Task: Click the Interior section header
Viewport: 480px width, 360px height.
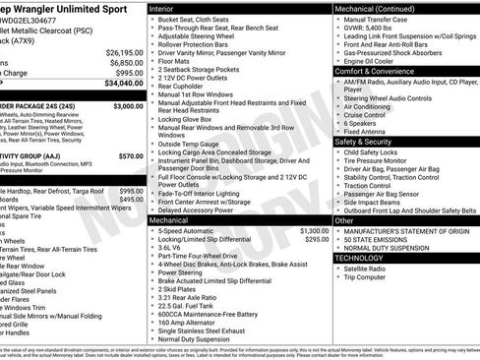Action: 167,8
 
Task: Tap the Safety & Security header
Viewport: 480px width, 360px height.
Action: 374,142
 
